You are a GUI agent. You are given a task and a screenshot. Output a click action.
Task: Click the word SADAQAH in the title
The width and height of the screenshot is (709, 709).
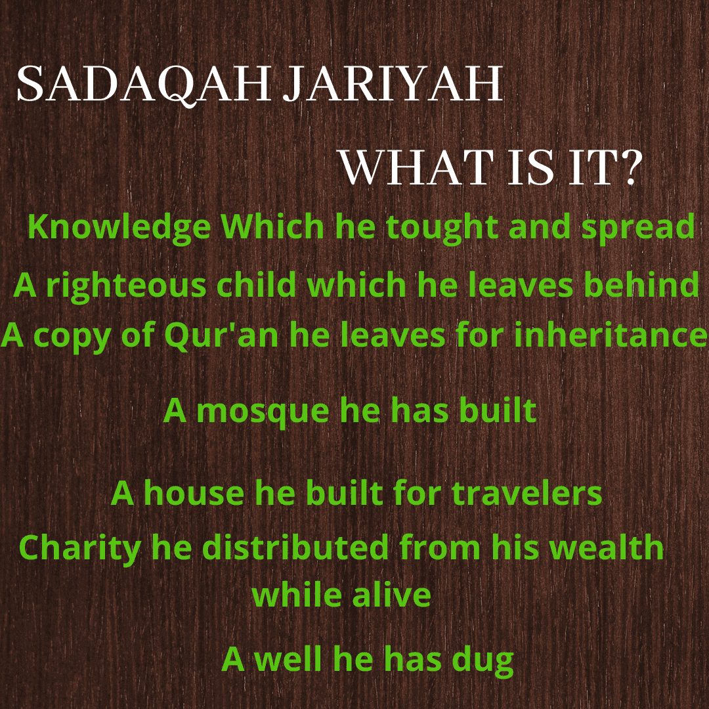pyautogui.click(x=144, y=85)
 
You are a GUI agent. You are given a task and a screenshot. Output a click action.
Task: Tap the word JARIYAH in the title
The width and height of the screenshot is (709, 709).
pyautogui.click(x=393, y=83)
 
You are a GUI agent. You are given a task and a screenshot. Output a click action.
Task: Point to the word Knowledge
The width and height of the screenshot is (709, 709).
pyautogui.click(x=119, y=227)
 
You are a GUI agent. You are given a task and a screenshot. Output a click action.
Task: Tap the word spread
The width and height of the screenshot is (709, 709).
pyautogui.click(x=638, y=227)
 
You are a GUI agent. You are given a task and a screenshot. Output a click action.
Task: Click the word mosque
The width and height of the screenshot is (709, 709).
pyautogui.click(x=263, y=412)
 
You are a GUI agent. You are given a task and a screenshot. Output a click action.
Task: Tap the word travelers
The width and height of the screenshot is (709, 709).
pyautogui.click(x=526, y=493)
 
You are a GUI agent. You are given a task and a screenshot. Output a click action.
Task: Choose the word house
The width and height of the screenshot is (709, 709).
pyautogui.click(x=194, y=493)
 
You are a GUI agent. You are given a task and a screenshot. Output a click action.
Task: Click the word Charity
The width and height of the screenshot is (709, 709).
pyautogui.click(x=80, y=548)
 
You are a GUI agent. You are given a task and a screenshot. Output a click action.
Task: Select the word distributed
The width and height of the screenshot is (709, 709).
pyautogui.click(x=295, y=547)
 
